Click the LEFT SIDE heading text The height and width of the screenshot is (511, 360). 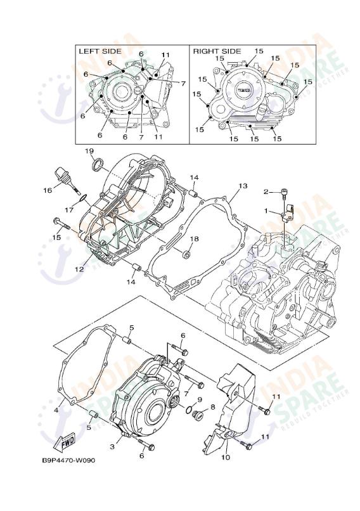[x=99, y=50]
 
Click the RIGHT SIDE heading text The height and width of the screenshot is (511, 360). [x=217, y=50]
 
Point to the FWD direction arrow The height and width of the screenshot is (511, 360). [x=67, y=442]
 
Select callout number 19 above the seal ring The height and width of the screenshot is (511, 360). [x=89, y=151]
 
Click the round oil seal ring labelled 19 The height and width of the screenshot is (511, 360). [x=97, y=166]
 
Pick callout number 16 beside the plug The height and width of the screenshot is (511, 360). [x=48, y=190]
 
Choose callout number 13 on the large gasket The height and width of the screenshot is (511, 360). [x=242, y=186]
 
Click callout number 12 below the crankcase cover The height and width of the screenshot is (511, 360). [x=79, y=269]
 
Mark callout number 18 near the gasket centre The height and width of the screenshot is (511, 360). [x=195, y=239]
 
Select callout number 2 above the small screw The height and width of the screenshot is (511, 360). [x=267, y=191]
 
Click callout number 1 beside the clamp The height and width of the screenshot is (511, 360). [x=267, y=211]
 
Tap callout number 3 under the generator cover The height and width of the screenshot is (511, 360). [x=113, y=447]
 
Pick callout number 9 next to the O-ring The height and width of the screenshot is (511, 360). [x=199, y=399]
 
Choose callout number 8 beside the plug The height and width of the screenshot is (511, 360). [x=213, y=406]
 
